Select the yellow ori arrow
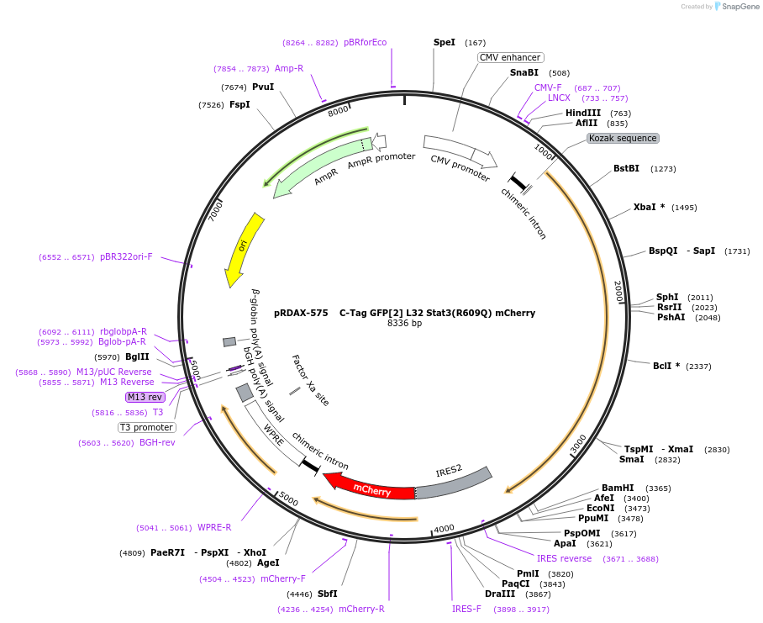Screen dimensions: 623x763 (244, 248)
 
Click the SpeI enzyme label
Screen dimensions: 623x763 (445, 42)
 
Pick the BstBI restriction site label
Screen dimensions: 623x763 (626, 168)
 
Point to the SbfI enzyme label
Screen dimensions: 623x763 (327, 594)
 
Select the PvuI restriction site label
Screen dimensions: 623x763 (263, 87)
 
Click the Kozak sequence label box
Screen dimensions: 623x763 (623, 138)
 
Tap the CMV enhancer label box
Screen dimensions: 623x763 (510, 57)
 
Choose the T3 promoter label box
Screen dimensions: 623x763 (147, 427)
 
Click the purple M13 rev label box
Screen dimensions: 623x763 (145, 397)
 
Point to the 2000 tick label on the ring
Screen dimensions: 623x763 (618, 293)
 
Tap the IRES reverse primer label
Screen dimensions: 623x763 (564, 558)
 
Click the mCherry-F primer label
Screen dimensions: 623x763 (283, 578)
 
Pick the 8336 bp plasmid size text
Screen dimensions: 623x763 (404, 323)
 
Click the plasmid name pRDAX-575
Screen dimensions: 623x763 (301, 313)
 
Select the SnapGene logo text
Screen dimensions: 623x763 (739, 7)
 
